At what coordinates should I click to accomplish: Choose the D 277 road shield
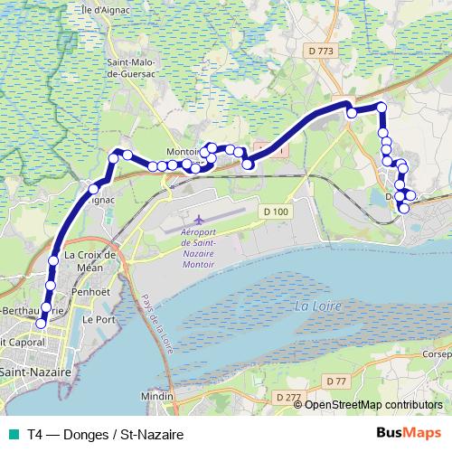point(287,397)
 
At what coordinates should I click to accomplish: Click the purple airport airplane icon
point(198,220)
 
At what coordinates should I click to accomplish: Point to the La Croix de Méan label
point(93,261)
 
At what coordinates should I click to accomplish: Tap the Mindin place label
point(156,397)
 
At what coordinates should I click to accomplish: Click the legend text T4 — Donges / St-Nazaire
point(105,435)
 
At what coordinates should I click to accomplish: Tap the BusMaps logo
point(409,434)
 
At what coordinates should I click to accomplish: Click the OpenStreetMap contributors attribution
point(373,404)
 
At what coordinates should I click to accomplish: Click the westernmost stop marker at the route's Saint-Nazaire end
point(41,323)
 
